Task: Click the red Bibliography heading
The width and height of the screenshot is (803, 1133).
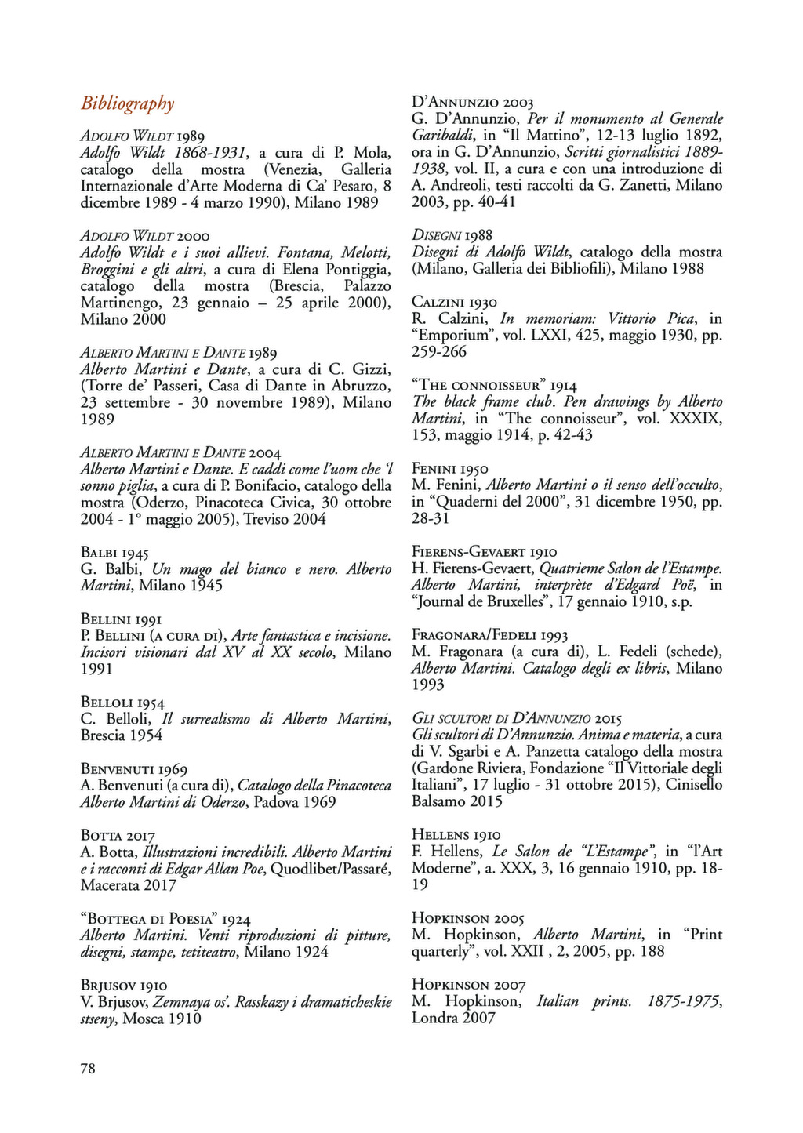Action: (127, 103)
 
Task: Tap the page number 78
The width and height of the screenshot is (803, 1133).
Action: (88, 1067)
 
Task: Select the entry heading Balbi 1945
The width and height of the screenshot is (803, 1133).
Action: (114, 553)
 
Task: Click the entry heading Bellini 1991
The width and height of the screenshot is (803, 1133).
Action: (121, 619)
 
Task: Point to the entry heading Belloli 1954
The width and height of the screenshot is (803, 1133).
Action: (122, 703)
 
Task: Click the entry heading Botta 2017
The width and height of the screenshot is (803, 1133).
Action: (118, 836)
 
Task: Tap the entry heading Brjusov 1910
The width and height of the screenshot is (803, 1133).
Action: (124, 985)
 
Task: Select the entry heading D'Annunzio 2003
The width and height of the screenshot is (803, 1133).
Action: (473, 103)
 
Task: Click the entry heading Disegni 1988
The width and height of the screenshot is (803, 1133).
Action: (452, 235)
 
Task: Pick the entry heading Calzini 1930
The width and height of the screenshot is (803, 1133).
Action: (454, 302)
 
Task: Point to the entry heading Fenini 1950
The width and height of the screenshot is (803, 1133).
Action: (450, 469)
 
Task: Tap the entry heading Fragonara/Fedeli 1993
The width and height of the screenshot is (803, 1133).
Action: (490, 635)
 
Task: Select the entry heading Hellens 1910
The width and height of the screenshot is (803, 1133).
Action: (456, 835)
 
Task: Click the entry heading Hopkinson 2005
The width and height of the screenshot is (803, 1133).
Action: (468, 918)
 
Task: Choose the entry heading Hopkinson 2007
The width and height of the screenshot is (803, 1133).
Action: (468, 985)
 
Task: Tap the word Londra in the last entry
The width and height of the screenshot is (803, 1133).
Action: (434, 1019)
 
